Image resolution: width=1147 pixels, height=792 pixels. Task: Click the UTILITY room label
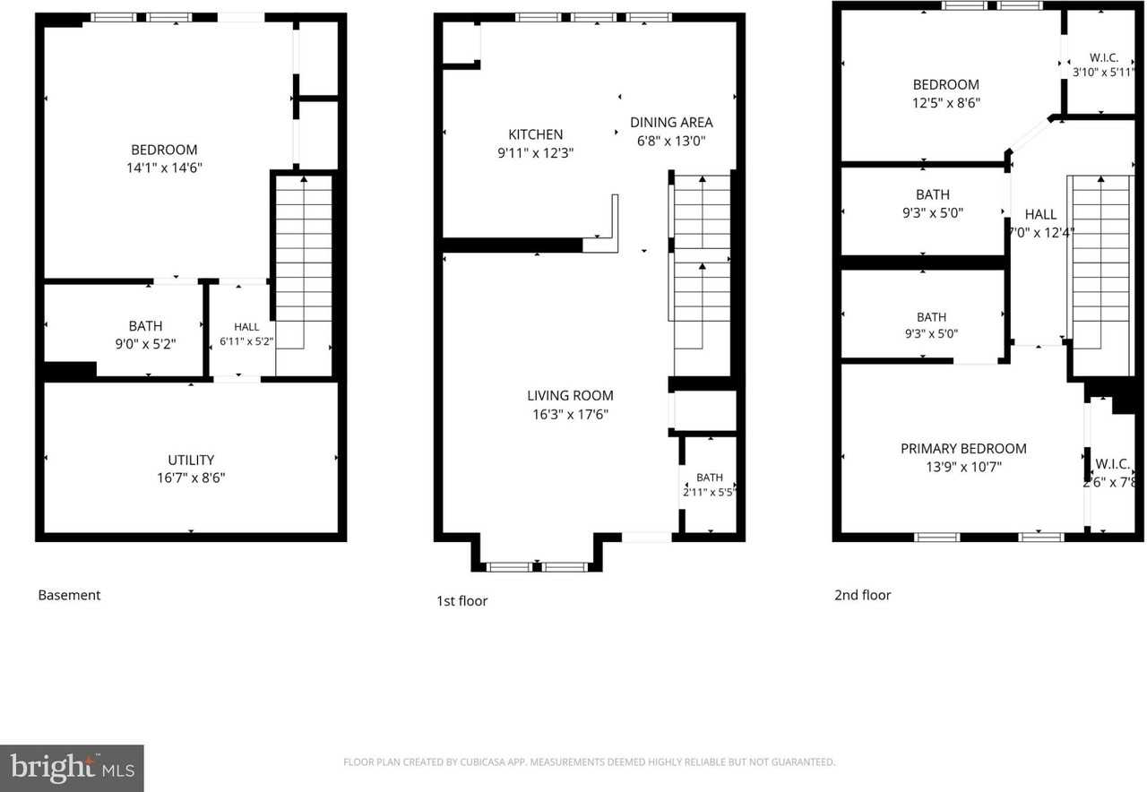pos(191,460)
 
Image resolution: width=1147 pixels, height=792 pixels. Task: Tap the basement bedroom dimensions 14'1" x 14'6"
pos(164,168)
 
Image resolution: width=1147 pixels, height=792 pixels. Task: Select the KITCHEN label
pos(536,134)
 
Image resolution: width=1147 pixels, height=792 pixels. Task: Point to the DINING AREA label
pos(671,123)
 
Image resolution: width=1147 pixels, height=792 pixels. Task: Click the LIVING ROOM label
pos(570,396)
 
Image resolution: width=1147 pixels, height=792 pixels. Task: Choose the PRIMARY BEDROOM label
pos(963,449)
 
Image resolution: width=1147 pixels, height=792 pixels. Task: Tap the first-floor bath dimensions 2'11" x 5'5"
pos(710,492)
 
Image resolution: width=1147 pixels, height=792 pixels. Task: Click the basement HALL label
pos(246,327)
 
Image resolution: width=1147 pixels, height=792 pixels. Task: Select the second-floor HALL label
pos(1040,214)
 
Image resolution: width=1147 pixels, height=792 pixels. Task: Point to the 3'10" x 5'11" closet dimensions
pos(1103,73)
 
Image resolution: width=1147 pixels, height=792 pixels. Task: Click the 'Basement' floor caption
pos(69,595)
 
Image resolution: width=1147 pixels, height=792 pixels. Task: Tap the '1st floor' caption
pos(461,601)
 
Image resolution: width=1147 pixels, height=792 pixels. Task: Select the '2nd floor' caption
pos(863,595)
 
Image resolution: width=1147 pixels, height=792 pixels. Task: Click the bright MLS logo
pos(72,769)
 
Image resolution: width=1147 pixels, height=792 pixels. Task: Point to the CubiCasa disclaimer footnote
pos(589,762)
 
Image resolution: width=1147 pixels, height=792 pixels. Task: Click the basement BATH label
pos(145,326)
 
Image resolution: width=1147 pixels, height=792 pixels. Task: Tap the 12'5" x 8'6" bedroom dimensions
pos(946,103)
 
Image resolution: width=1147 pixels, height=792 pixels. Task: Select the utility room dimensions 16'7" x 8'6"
pos(191,478)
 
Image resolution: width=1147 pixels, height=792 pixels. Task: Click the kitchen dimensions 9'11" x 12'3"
pos(536,153)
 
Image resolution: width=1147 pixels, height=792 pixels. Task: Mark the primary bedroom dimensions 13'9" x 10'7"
pos(963,467)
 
